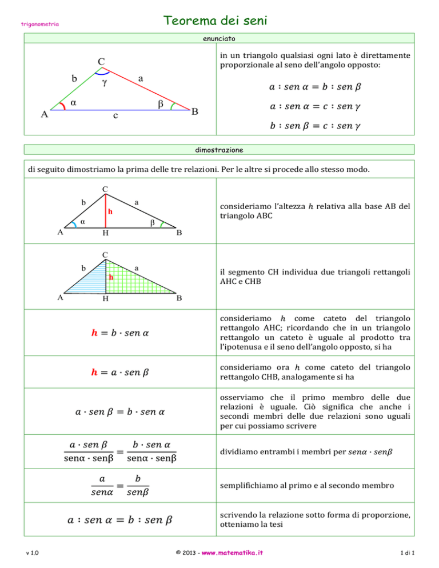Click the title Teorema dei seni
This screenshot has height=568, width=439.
[x=215, y=21]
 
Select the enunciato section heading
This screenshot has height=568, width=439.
[x=219, y=39]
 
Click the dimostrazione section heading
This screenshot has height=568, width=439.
[x=219, y=150]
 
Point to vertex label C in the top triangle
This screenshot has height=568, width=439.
[x=101, y=61]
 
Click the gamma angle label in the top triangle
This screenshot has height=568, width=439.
[x=105, y=83]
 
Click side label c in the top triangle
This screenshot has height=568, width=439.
[x=115, y=116]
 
